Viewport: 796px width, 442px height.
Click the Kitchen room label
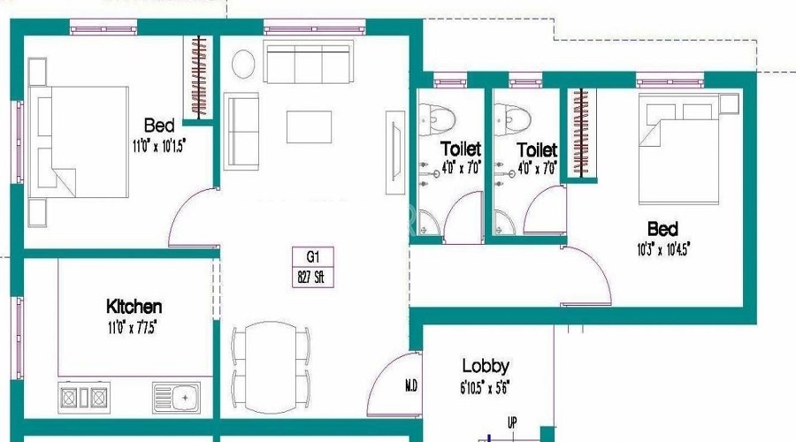point(134,307)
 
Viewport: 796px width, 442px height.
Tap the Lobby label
point(486,366)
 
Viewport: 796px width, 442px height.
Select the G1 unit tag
point(312,257)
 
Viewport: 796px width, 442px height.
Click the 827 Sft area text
point(312,275)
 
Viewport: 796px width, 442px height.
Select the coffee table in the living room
point(309,126)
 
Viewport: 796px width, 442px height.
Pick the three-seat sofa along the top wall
point(308,64)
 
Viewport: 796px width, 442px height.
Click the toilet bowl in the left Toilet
point(437,116)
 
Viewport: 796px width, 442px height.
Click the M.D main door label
point(411,385)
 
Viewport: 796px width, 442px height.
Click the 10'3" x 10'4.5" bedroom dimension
point(662,249)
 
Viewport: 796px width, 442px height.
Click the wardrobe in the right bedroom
point(579,133)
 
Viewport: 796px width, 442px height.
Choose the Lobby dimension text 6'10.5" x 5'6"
point(486,386)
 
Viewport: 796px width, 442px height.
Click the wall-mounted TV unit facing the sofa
point(392,150)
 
